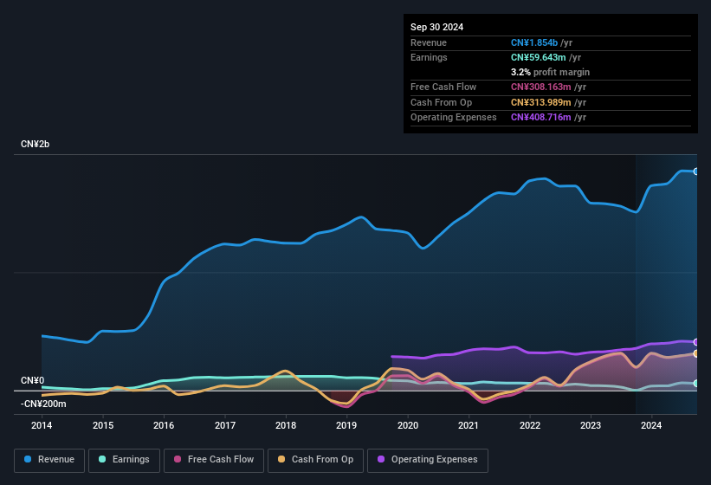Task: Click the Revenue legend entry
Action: point(48,460)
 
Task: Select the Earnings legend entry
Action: point(124,460)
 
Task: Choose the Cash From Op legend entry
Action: point(315,460)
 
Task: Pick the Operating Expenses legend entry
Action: point(428,460)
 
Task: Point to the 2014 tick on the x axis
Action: point(42,425)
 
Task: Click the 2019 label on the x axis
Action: point(346,425)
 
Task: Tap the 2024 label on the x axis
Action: point(651,425)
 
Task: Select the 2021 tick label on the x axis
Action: point(469,425)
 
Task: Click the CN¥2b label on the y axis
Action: point(36,144)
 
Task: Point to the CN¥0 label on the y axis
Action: point(32,381)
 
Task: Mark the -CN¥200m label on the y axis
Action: point(43,404)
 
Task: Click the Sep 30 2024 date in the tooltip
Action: point(437,27)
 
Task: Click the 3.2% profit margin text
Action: point(550,72)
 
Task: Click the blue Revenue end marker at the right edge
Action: point(696,171)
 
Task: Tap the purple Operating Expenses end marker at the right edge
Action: point(696,342)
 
